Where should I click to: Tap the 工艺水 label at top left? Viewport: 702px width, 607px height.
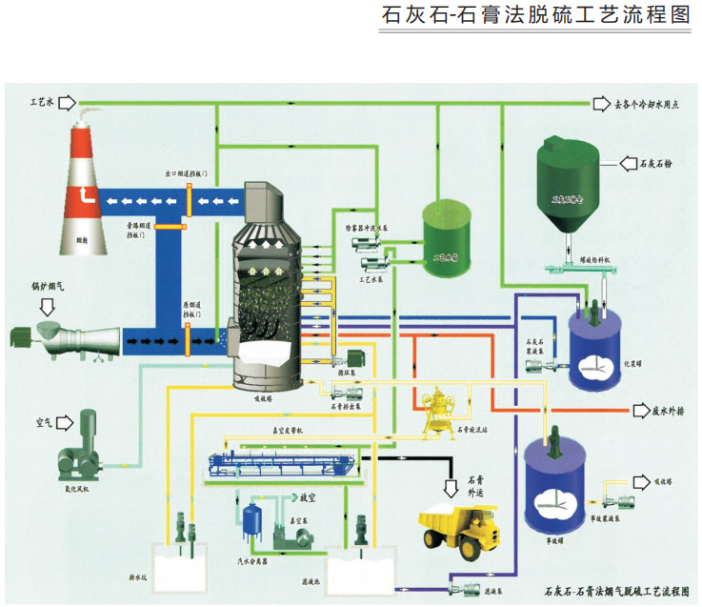click(44, 100)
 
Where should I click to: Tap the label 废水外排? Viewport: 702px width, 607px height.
click(674, 411)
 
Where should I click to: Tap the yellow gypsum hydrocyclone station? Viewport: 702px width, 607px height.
click(440, 410)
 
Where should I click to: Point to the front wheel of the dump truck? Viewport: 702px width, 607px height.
click(468, 551)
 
